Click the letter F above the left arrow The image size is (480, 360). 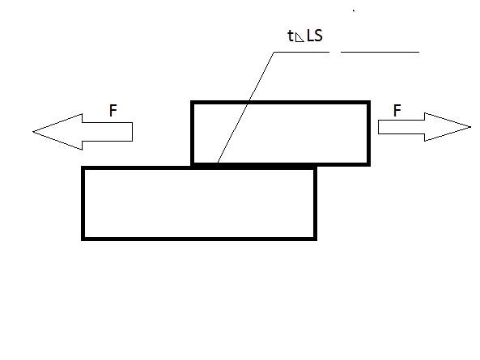tap(113, 110)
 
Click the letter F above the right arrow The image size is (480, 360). tap(397, 110)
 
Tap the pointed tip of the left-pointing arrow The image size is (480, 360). tap(33, 132)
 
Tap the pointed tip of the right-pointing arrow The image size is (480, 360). tap(470, 127)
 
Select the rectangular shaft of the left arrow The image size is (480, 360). tap(108, 132)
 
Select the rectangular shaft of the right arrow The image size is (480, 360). tap(401, 127)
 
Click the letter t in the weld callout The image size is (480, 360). tap(291, 36)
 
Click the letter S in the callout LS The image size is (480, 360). tap(318, 36)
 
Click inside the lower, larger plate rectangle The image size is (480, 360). tap(199, 203)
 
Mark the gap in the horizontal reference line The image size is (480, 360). tap(335, 52)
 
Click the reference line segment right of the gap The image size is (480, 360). tap(380, 52)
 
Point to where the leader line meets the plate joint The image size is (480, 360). tap(218, 163)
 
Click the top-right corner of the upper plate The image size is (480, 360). tap(369, 102)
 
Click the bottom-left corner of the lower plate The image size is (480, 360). tap(83, 239)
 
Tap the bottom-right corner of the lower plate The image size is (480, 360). tap(316, 239)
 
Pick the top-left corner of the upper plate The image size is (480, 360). tap(192, 102)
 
